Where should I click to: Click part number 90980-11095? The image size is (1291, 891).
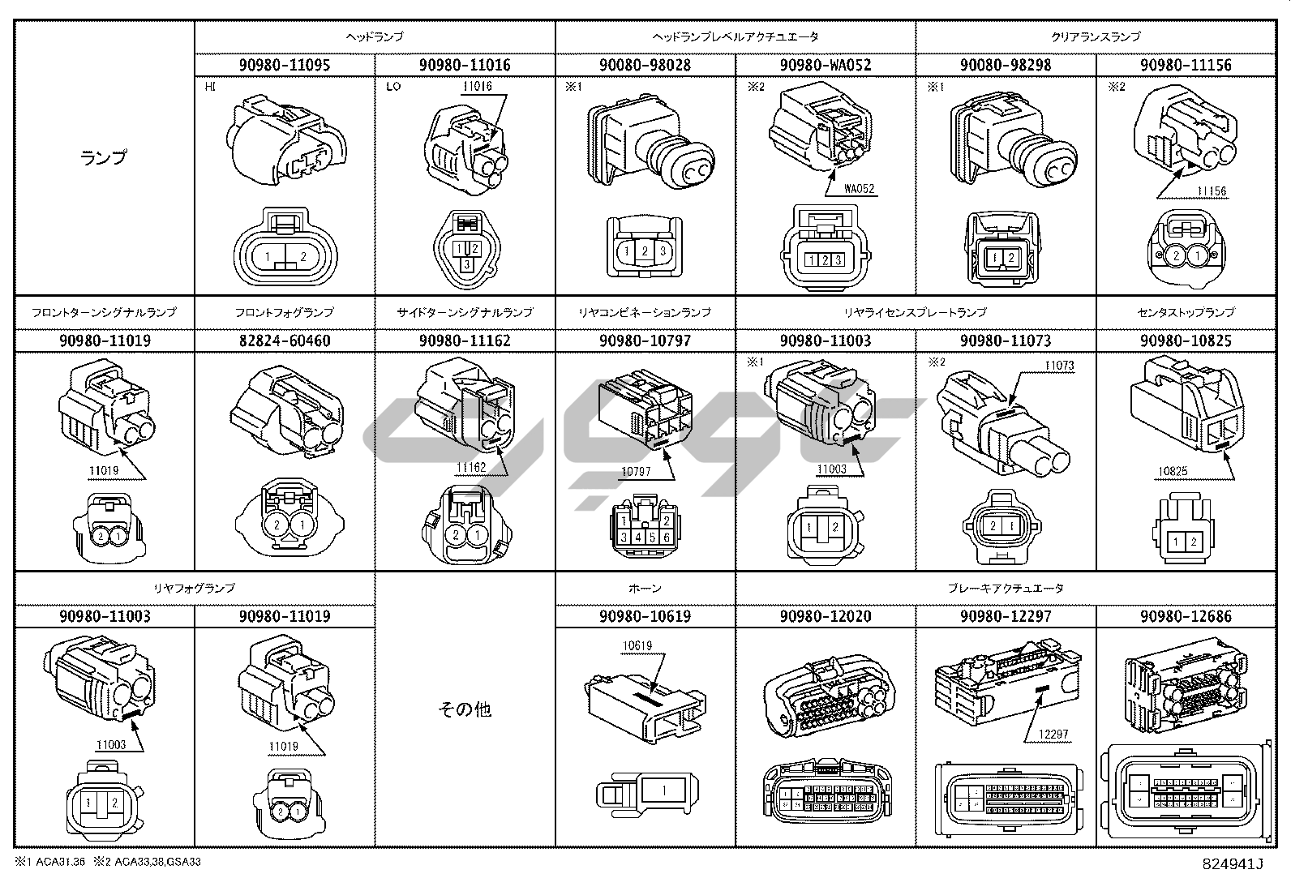coord(285,65)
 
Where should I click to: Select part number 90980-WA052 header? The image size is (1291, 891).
coord(826,65)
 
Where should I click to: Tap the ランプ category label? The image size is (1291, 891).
coord(104,157)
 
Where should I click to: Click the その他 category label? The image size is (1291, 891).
coord(465,709)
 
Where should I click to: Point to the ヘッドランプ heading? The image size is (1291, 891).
coord(375,36)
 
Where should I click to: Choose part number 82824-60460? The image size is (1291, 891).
coord(285,341)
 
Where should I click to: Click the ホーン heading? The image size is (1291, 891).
coord(645,588)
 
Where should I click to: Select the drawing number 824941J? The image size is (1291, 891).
coord(1234,864)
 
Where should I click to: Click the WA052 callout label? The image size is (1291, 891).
coord(860,189)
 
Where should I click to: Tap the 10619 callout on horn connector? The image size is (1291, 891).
coord(637,646)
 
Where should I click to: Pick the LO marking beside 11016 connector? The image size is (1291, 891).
coord(393,86)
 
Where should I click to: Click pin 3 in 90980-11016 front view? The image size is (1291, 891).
coord(465,264)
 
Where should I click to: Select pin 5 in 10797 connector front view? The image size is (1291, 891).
coord(652,537)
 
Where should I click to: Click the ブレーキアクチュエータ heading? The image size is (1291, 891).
coord(1006,588)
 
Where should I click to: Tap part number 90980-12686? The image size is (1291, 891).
coord(1186,616)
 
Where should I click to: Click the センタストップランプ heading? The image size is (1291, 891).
coord(1186,312)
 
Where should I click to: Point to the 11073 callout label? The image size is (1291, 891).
coord(1059,366)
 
